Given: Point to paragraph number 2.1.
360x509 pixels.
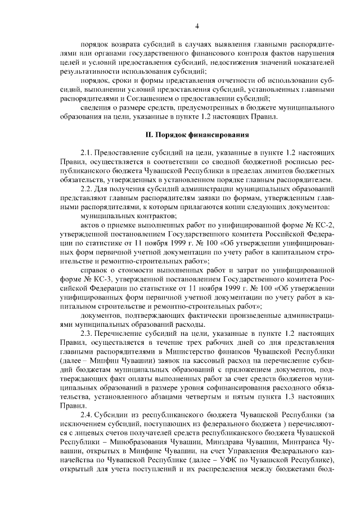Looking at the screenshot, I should (x=87, y=153).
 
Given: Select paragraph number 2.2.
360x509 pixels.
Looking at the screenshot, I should (x=87, y=188).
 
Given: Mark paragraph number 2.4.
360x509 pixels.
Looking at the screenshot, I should (x=87, y=415).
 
